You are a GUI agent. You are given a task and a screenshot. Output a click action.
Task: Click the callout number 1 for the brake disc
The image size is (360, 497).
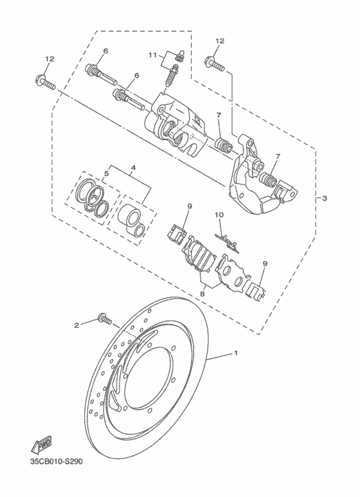(x=235, y=353)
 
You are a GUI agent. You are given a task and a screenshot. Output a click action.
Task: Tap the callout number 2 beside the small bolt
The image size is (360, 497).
(x=76, y=325)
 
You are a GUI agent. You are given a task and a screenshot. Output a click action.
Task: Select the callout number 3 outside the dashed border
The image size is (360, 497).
(x=325, y=198)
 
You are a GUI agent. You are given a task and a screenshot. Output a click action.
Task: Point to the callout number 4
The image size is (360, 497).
(x=133, y=168)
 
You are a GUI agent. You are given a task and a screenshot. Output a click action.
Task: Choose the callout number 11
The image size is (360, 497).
(x=152, y=56)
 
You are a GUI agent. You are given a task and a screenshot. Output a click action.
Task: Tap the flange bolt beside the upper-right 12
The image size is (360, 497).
(x=215, y=62)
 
